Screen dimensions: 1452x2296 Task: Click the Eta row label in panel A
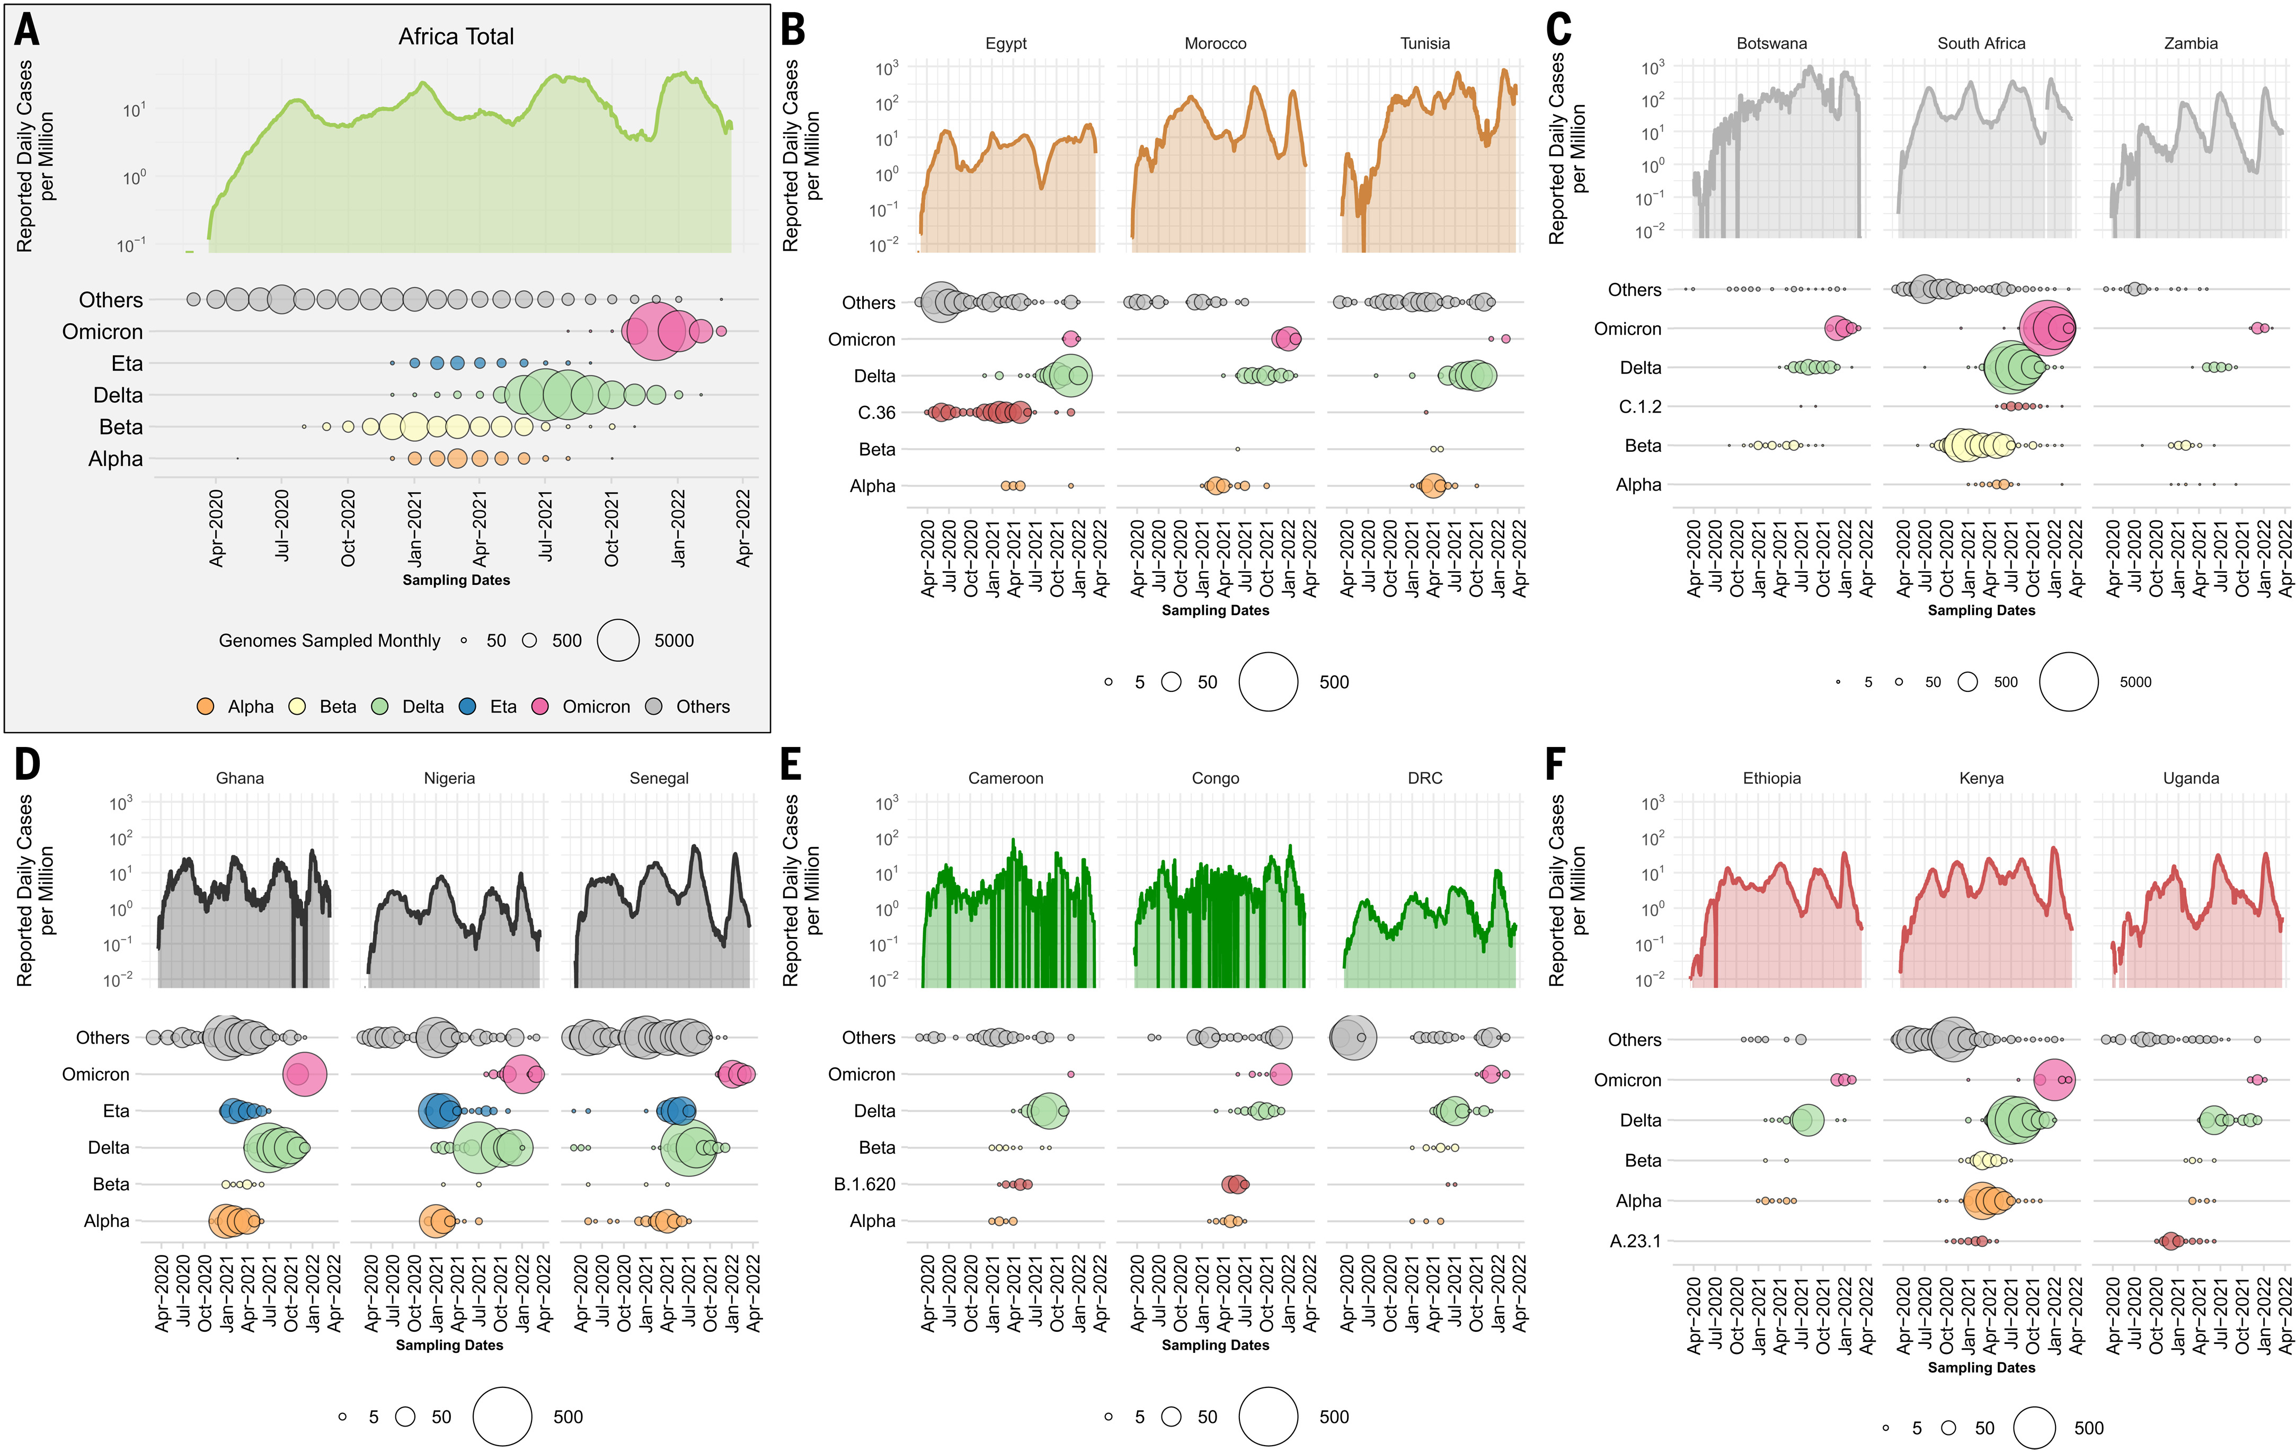[x=127, y=363]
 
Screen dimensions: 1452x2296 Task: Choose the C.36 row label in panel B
[x=876, y=413]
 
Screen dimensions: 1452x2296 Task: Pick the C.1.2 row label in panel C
[x=1640, y=407]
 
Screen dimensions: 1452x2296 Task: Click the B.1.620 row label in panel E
[x=865, y=1184]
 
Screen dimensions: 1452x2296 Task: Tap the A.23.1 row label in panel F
[x=1635, y=1241]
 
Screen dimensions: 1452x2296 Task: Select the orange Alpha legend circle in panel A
[x=205, y=707]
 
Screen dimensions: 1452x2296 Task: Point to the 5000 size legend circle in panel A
[x=618, y=640]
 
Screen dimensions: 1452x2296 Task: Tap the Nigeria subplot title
[x=449, y=779]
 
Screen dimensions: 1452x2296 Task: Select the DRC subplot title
[x=1424, y=779]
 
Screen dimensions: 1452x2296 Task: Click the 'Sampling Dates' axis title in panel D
[x=449, y=1345]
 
